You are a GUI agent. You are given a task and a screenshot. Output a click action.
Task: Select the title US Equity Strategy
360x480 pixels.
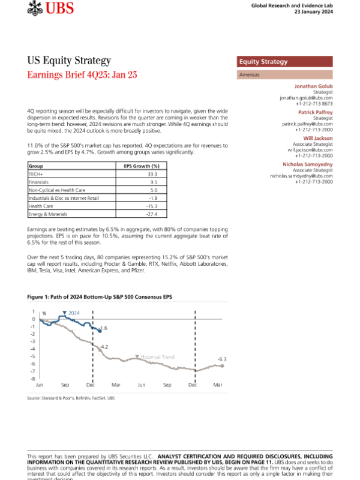pos(69,61)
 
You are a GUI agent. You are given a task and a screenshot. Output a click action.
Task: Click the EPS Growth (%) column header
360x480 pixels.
pos(142,166)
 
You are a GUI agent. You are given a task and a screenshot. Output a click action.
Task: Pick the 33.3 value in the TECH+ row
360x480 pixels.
pos(154,173)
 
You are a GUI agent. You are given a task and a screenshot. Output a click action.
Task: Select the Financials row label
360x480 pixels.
pos(40,181)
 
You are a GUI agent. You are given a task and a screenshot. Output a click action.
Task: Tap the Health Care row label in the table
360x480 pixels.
pos(41,206)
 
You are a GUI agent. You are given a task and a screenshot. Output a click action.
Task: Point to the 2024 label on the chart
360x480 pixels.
pos(74,313)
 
